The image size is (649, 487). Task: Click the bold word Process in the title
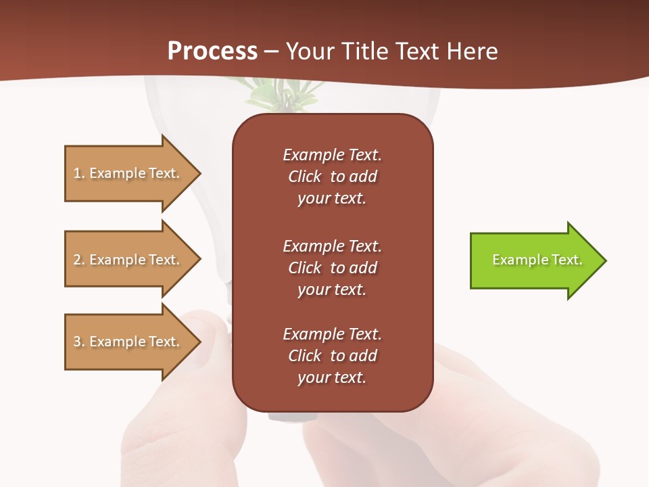[x=212, y=51]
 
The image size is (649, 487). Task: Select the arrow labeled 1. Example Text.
[x=128, y=173]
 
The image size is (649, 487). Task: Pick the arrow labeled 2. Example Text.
[x=128, y=260]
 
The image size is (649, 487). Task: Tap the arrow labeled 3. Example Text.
[x=128, y=342]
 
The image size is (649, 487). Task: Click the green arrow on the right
[x=534, y=260]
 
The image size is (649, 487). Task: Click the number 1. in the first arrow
[x=78, y=173]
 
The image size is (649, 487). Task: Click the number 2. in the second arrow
[x=78, y=260]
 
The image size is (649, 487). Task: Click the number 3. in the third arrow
[x=78, y=342]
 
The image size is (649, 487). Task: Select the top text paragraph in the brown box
[x=332, y=177]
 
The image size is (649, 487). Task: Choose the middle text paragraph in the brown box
[x=332, y=267]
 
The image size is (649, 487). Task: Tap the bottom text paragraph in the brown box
[x=332, y=356]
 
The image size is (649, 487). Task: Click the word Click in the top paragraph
[x=305, y=177]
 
